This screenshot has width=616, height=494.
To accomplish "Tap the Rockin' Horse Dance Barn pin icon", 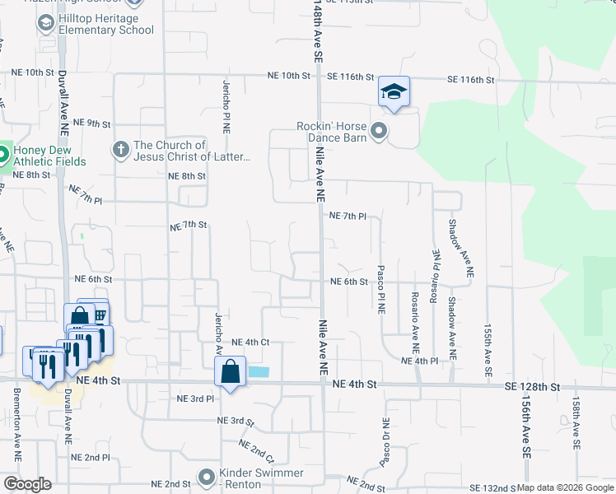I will [379, 130].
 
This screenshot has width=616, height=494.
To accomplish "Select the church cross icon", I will [121, 150].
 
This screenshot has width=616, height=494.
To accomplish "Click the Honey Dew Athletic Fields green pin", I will [2, 154].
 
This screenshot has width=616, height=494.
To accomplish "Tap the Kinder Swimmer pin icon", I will [207, 477].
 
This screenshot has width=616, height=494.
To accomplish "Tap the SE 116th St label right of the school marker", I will [470, 80].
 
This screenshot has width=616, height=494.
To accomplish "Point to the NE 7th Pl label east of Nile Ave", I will [347, 216].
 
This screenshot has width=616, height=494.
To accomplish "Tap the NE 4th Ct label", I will [251, 342].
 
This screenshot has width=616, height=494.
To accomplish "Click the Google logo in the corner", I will [27, 484].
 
